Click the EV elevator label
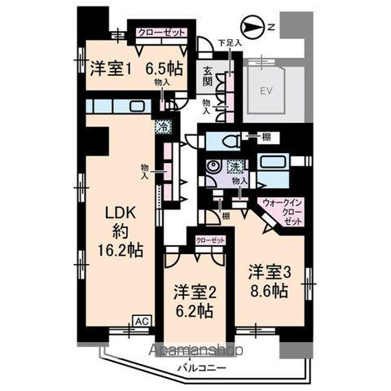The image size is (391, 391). click(x=265, y=91)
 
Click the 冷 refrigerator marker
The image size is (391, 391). click(x=163, y=126)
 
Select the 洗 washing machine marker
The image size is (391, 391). click(x=235, y=167)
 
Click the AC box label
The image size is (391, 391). click(x=140, y=320)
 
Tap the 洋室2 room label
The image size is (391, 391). click(x=193, y=291)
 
